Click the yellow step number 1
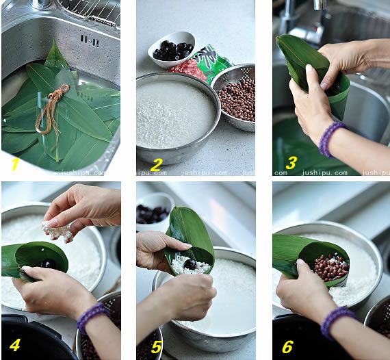[x=14, y=164]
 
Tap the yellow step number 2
[x=156, y=164]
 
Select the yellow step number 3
[x=290, y=163]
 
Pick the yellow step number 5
[x=156, y=347]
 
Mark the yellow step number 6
[x=287, y=346]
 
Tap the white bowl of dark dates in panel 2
[x=171, y=49]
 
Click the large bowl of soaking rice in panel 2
[x=175, y=116]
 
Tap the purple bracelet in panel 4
[x=92, y=316]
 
